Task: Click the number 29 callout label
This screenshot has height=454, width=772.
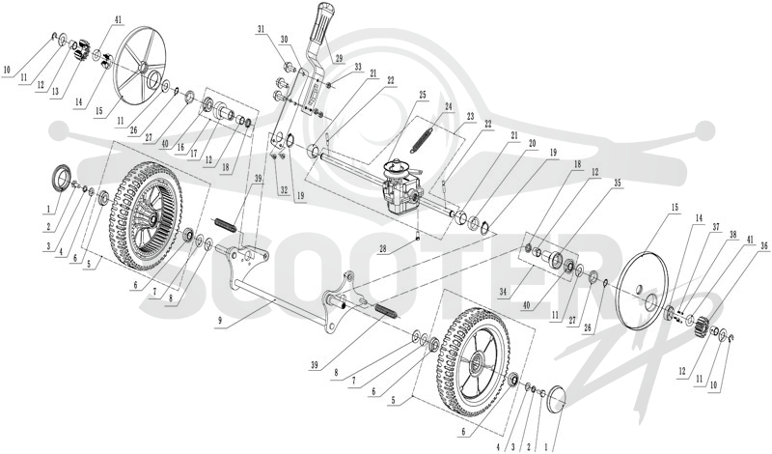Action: pyautogui.click(x=339, y=58)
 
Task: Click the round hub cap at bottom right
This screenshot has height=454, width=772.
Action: pyautogui.click(x=554, y=397)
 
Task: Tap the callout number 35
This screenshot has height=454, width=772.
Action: pyautogui.click(x=617, y=183)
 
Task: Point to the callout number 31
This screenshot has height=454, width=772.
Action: pyautogui.click(x=261, y=30)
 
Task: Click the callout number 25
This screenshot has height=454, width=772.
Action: pyautogui.click(x=423, y=94)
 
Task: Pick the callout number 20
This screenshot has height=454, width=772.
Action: pyautogui.click(x=532, y=143)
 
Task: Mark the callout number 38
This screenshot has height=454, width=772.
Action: pyautogui.click(x=732, y=235)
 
